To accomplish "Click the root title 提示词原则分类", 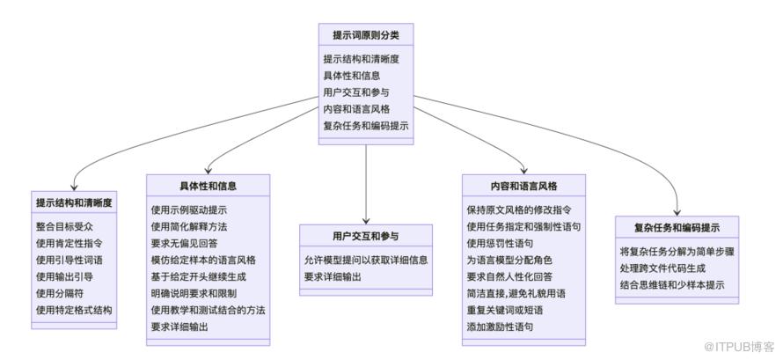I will click(365, 34).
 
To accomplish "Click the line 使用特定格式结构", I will click(74, 311).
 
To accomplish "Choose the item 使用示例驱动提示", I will click(188, 210).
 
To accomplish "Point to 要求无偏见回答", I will click(184, 244).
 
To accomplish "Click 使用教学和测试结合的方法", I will click(208, 311).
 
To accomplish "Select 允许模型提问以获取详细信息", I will click(366, 260).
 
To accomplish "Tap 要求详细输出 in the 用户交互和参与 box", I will click(334, 276).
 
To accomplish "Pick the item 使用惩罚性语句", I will click(501, 244).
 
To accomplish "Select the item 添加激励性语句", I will click(501, 327).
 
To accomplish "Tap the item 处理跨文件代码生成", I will click(661, 268).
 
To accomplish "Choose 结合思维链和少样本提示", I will click(672, 285).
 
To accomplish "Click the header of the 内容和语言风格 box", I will click(523, 187).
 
